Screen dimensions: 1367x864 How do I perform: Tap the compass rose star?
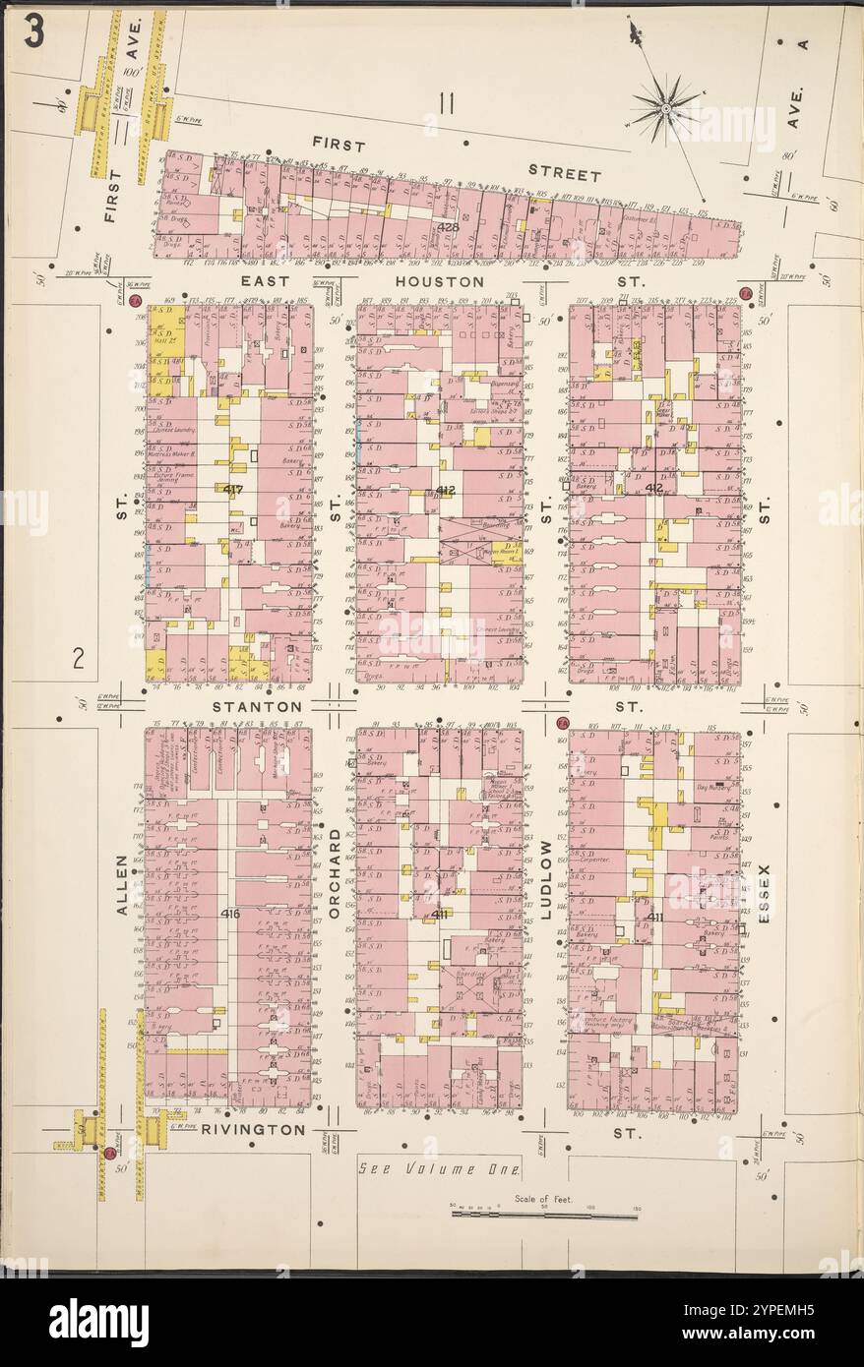pos(666,105)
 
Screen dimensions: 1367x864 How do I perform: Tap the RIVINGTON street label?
pos(253,1130)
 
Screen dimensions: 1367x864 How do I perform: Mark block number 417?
pos(233,489)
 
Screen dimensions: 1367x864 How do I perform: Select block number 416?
pos(230,914)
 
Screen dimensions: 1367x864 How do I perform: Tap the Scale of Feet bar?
pos(544,1215)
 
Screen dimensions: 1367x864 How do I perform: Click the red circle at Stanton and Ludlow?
pos(562,723)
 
